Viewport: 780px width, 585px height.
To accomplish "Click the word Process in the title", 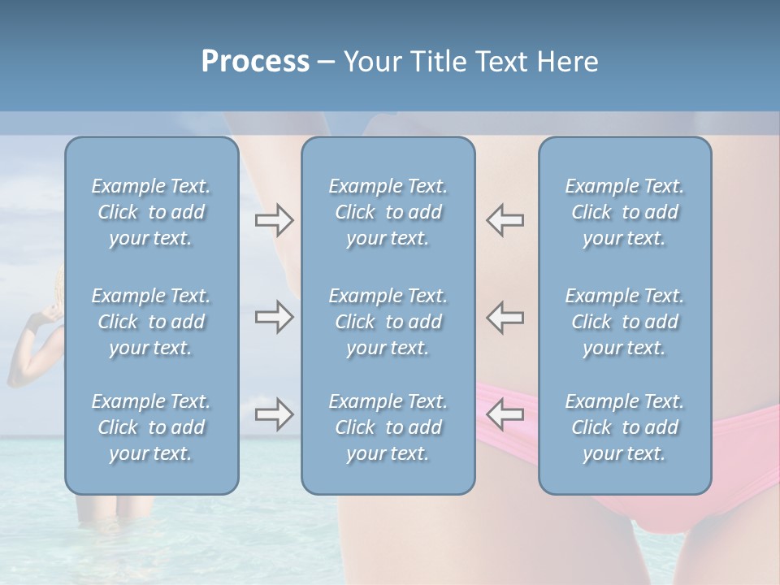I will [x=255, y=61].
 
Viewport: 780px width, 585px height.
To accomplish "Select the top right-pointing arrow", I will [x=274, y=220].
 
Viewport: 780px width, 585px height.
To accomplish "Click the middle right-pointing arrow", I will [x=274, y=317].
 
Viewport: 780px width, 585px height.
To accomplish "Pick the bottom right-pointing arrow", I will [x=274, y=414].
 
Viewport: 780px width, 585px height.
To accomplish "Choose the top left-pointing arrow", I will [x=505, y=220].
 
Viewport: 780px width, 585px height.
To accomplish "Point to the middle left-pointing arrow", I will [x=505, y=317].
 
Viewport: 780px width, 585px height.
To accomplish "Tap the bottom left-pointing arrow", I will [x=505, y=414].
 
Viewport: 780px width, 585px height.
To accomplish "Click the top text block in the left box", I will [x=151, y=212].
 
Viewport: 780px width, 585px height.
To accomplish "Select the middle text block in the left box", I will [x=151, y=322].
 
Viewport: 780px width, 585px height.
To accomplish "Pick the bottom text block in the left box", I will [x=151, y=427].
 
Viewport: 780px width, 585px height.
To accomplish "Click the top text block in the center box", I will [x=388, y=212].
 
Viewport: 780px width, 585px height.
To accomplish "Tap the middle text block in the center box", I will [x=388, y=322].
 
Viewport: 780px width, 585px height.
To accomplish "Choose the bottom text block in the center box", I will [x=388, y=427].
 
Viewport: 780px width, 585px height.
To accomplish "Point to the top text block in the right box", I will [x=625, y=212].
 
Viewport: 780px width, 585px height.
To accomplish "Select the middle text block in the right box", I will [x=625, y=322].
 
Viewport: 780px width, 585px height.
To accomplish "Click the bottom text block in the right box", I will [x=625, y=427].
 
